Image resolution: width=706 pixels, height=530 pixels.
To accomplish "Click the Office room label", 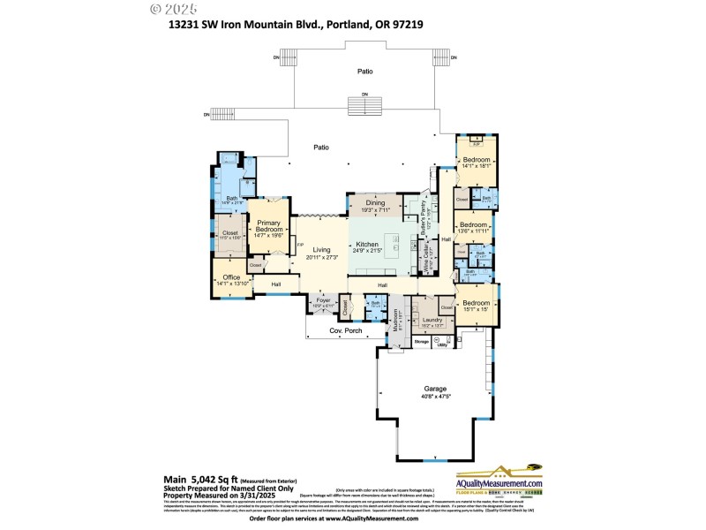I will click(x=231, y=276).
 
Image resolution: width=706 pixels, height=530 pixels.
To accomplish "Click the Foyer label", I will click(x=323, y=300).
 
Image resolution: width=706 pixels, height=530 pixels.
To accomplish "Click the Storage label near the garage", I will click(x=422, y=341).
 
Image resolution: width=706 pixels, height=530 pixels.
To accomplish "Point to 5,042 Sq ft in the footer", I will click(x=216, y=476).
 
